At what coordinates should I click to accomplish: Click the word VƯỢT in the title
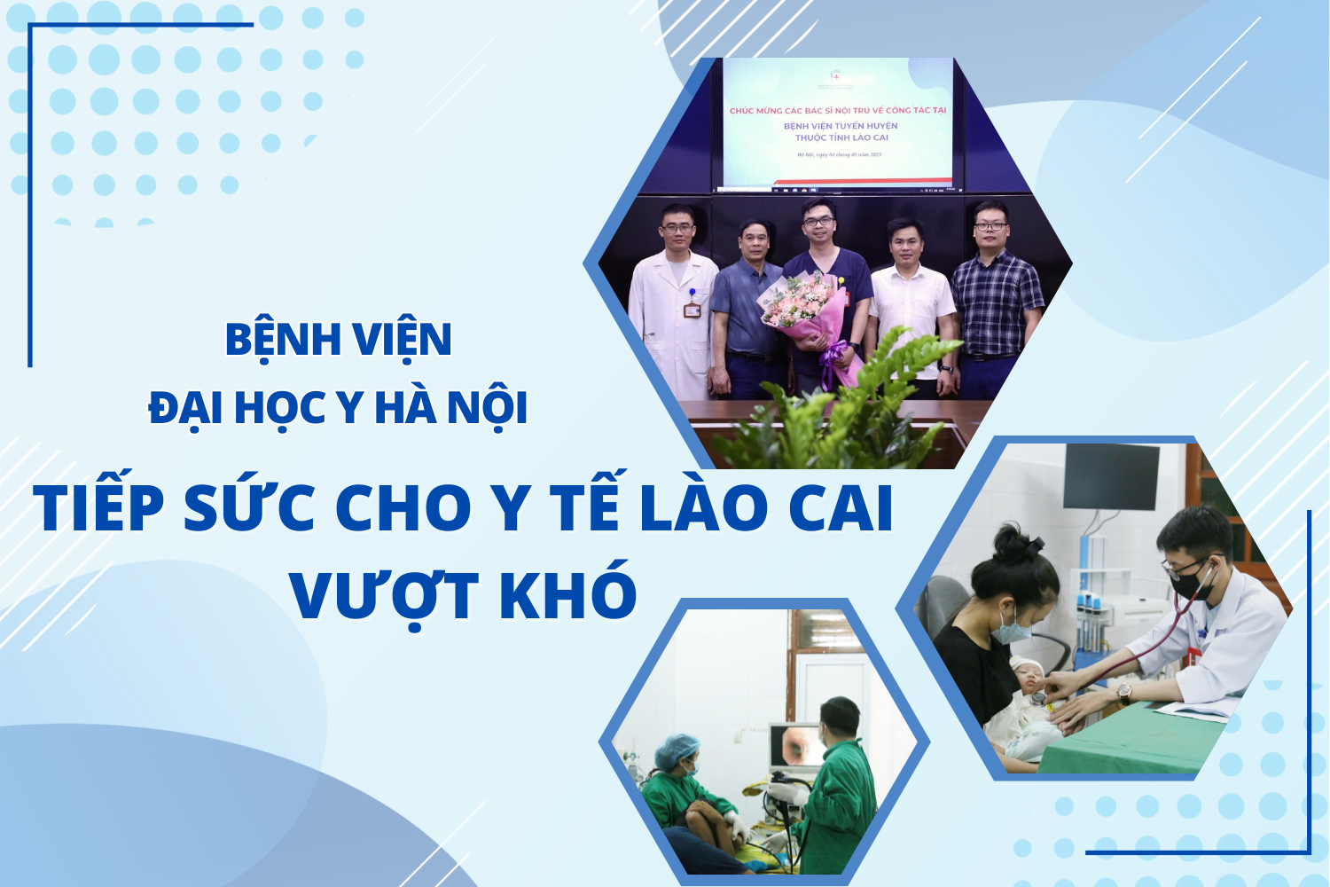pyautogui.click(x=384, y=596)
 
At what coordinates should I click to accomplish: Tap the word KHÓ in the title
pyautogui.click(x=567, y=594)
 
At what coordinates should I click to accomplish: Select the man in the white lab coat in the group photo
pyautogui.click(x=673, y=302)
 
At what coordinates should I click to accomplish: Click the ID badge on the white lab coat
pyautogui.click(x=692, y=310)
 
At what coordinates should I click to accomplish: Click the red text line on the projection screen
pyautogui.click(x=837, y=110)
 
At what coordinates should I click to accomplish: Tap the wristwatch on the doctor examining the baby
pyautogui.click(x=1124, y=692)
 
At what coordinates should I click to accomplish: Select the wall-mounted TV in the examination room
pyautogui.click(x=1111, y=475)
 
